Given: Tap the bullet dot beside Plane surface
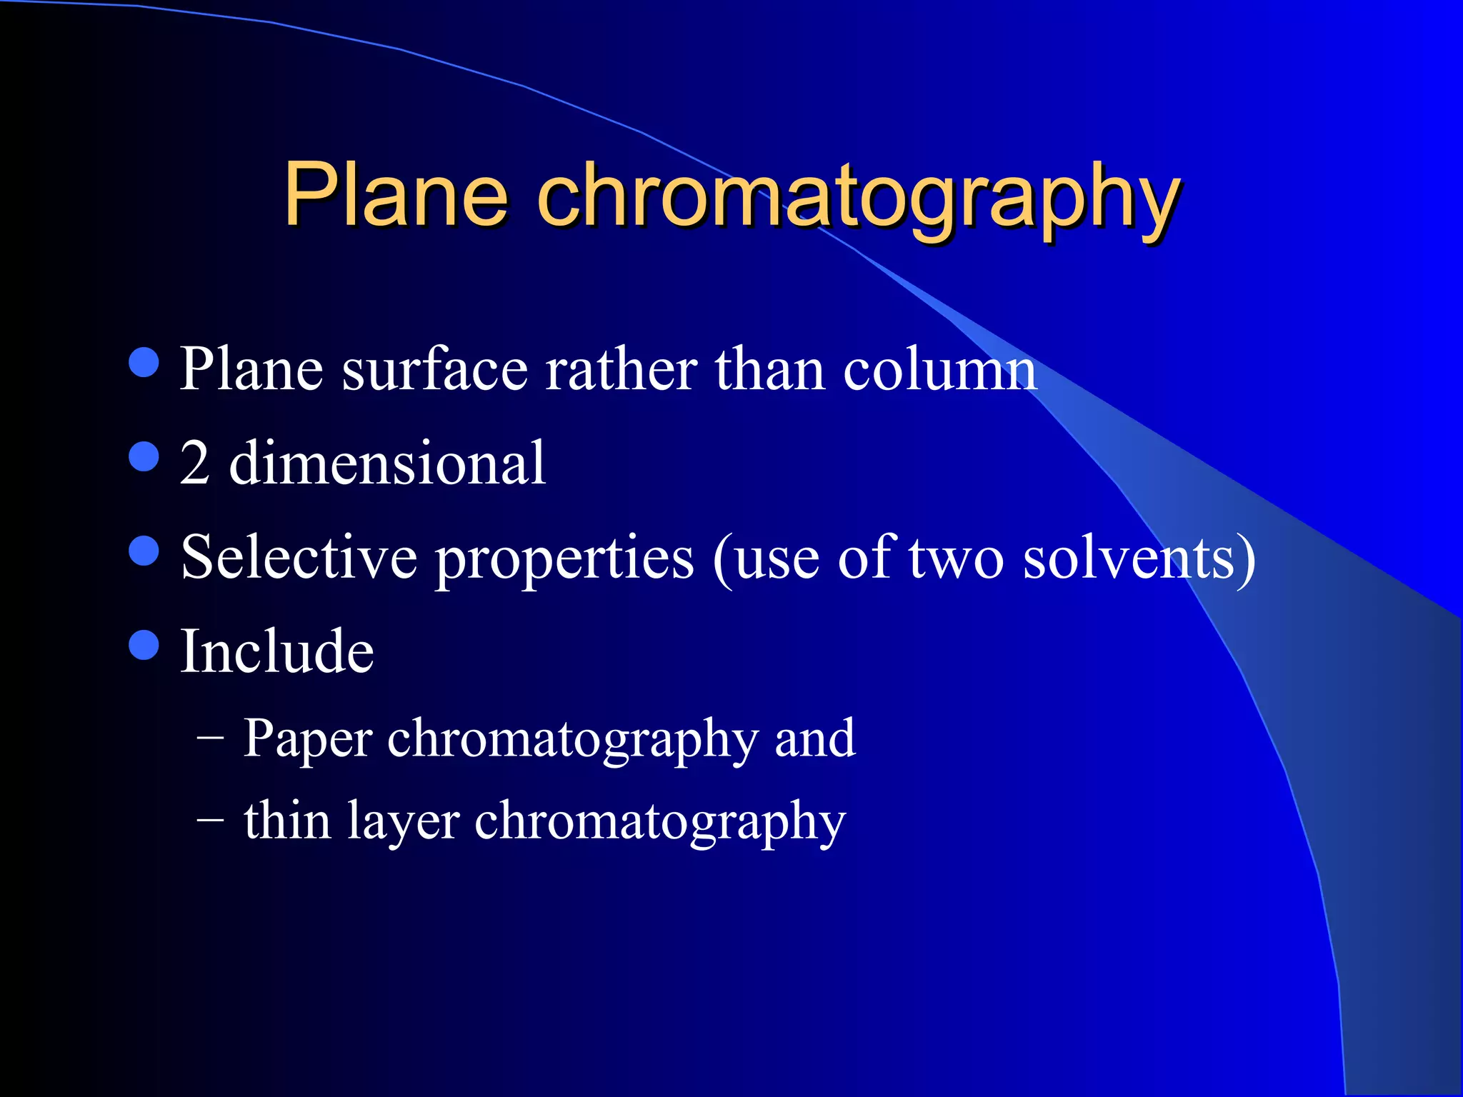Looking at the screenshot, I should [x=144, y=362].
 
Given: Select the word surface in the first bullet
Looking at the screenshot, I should [x=434, y=369].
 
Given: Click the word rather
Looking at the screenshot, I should [x=621, y=369].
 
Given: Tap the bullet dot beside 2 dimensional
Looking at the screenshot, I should [x=144, y=456].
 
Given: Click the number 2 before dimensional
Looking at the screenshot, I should [x=194, y=464].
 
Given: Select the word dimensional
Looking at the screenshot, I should [x=387, y=464].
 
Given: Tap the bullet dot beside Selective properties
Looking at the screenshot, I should [x=144, y=551].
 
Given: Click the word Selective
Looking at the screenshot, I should [x=299, y=558].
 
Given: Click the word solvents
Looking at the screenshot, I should [x=1129, y=558].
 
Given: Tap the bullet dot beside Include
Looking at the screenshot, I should [x=144, y=645].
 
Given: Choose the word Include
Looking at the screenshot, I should [x=277, y=651].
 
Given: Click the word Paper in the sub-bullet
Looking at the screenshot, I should [x=307, y=740].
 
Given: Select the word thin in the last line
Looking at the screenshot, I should [x=287, y=820].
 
